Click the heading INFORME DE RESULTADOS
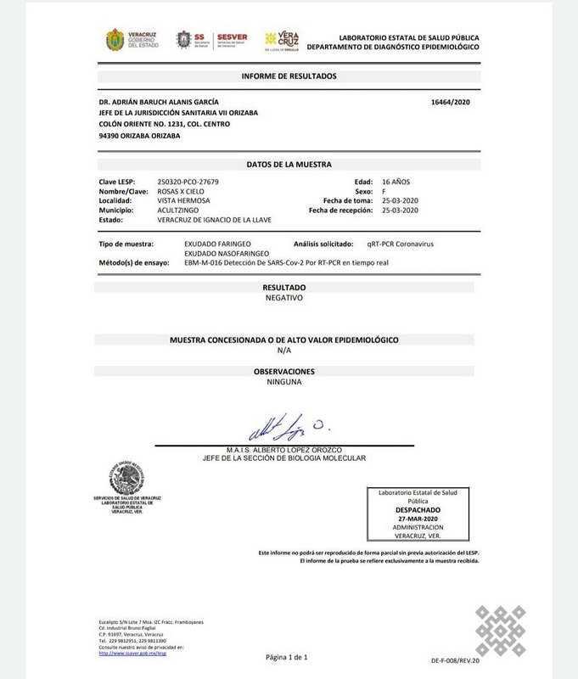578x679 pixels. tap(289, 76)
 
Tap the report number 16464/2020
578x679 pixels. tap(451, 102)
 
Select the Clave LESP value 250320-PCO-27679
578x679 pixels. tap(188, 182)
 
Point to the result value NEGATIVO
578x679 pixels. tap(284, 298)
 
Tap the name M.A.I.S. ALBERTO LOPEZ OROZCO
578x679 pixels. tap(284, 450)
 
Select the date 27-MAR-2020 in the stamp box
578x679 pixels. tap(418, 519)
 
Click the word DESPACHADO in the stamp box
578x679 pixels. tap(418, 510)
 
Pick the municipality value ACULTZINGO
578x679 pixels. tap(181, 210)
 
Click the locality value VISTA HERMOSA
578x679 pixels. tap(184, 200)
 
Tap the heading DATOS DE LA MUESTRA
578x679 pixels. tap(289, 165)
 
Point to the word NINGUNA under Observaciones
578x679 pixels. tap(284, 382)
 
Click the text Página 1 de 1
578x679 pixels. tap(287, 657)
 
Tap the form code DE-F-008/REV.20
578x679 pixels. tap(454, 659)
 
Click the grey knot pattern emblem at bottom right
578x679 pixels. tap(500, 630)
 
